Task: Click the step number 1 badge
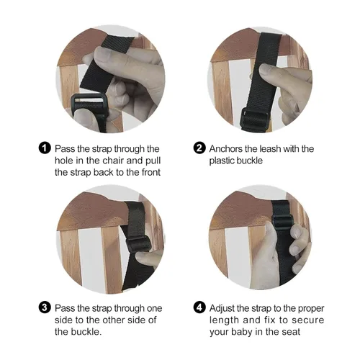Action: tap(45, 148)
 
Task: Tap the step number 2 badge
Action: tap(199, 148)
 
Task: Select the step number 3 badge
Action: tap(45, 307)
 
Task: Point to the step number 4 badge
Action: tap(199, 307)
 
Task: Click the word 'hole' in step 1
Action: tap(66, 161)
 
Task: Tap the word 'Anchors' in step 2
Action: tap(227, 149)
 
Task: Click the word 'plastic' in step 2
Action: tap(223, 161)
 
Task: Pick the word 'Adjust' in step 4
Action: tap(223, 307)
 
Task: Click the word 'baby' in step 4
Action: tap(246, 332)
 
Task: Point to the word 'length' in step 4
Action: tap(225, 320)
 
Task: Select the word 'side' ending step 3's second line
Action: tap(136, 320)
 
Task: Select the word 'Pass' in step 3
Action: tap(66, 307)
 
